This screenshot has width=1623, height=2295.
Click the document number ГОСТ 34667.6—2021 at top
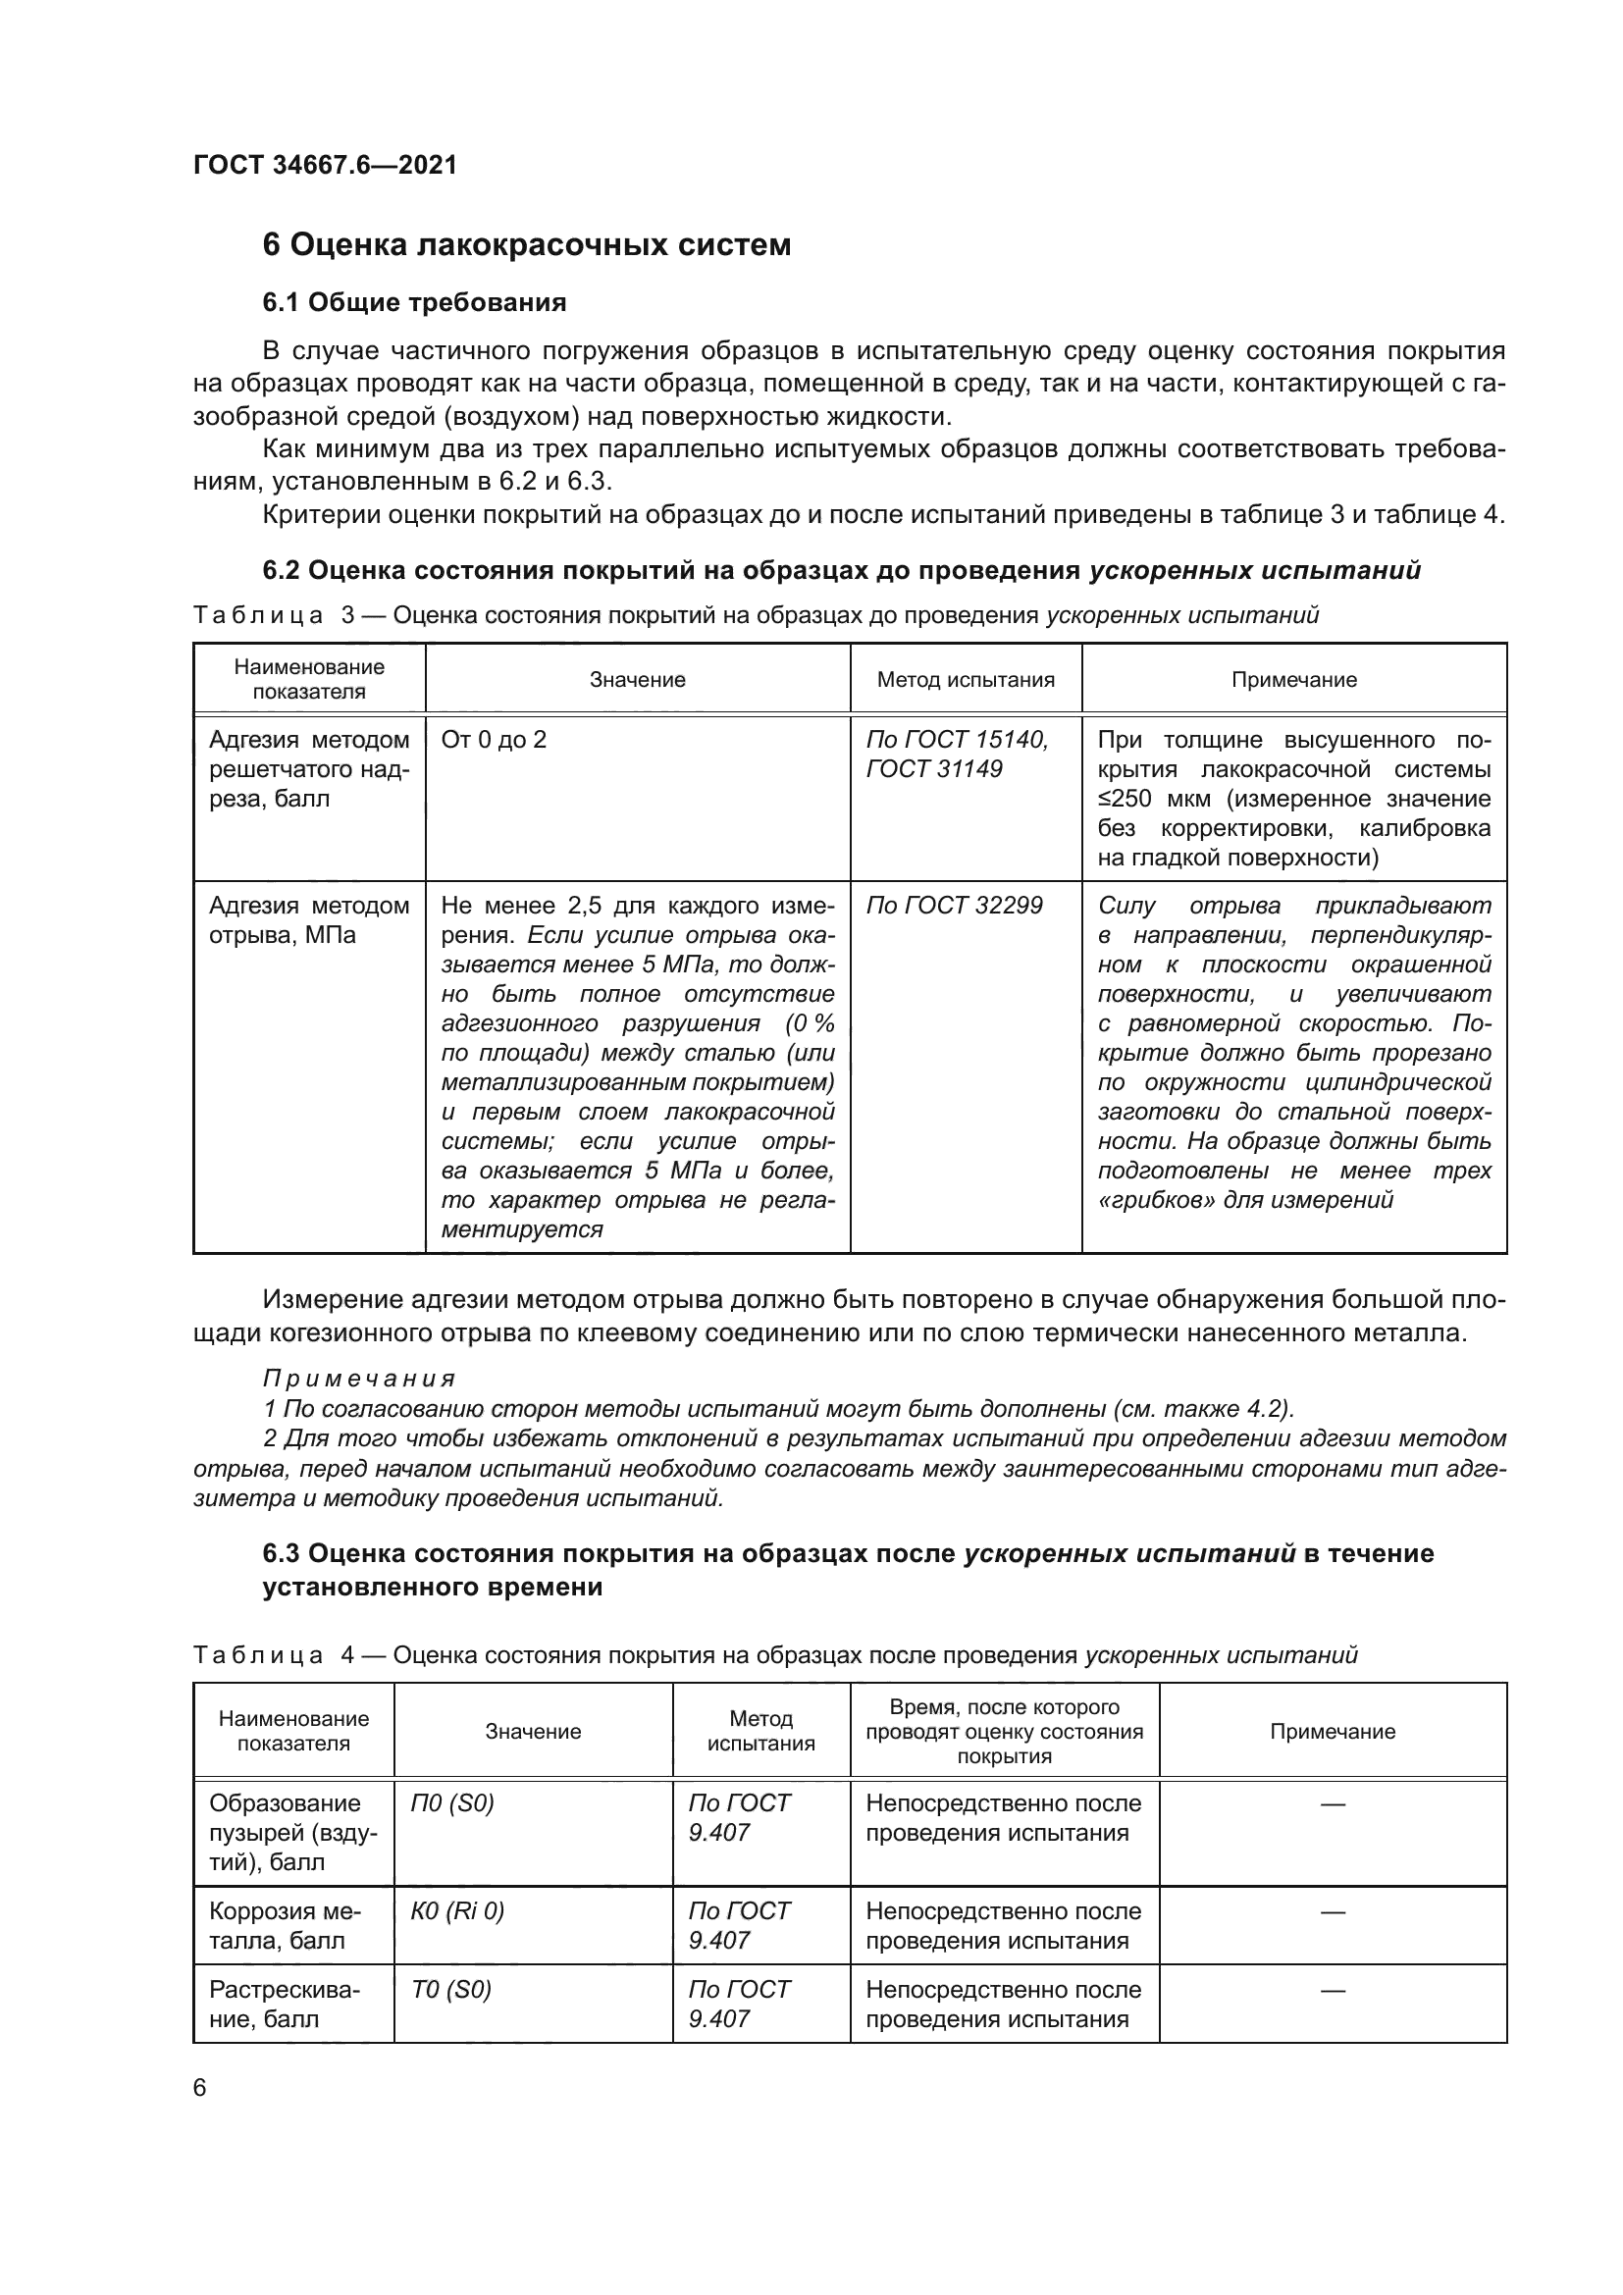(325, 165)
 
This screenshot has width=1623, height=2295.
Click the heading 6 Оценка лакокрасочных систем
(526, 245)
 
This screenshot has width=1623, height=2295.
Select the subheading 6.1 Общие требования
(414, 302)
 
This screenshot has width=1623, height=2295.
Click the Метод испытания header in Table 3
(966, 680)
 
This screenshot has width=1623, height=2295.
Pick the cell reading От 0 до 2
(494, 740)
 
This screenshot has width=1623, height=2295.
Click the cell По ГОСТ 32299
(954, 906)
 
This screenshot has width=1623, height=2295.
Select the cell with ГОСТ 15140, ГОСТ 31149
(957, 754)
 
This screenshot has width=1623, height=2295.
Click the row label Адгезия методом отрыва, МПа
(309, 919)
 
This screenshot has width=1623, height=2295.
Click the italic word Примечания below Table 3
(359, 1380)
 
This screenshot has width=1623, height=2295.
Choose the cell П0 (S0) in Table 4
(452, 1803)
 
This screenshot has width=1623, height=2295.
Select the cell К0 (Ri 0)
(457, 1911)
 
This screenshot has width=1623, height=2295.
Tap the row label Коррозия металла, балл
(285, 1925)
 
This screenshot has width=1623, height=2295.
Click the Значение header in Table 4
(533, 1731)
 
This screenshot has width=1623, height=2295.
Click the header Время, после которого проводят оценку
(1005, 1731)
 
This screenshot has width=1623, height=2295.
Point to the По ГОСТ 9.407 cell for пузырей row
(740, 1817)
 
